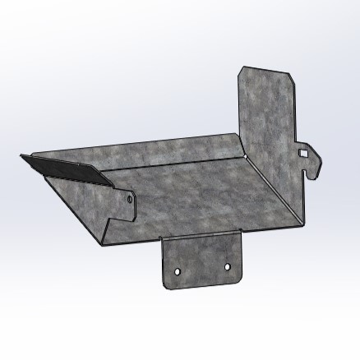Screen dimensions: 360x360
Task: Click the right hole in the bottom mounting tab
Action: pyautogui.click(x=229, y=265)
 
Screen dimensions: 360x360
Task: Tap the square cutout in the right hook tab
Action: pyautogui.click(x=304, y=152)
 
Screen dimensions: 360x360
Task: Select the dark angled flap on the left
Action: pyautogui.click(x=62, y=168)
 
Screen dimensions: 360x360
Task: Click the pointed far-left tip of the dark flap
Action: pyautogui.click(x=21, y=156)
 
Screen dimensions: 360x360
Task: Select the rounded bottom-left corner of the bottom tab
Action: pyautogui.click(x=167, y=286)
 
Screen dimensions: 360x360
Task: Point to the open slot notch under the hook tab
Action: pyautogui.click(x=306, y=173)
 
